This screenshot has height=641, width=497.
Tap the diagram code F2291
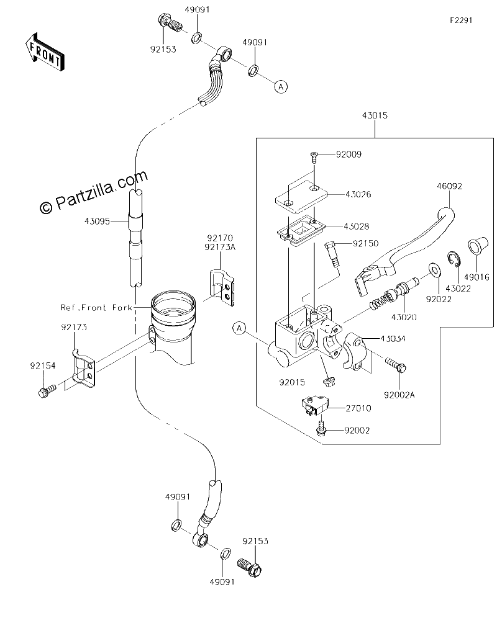coord(462,20)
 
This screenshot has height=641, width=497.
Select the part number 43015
coord(375,115)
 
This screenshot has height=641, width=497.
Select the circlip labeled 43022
coord(452,260)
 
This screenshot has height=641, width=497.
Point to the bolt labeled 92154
coord(46,390)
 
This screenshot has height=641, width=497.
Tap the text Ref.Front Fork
coord(97,308)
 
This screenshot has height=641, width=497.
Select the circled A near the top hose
coord(281,86)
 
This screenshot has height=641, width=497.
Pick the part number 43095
coord(97,221)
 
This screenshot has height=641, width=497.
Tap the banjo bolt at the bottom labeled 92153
coord(250,567)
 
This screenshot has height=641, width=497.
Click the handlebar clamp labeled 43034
coord(355,353)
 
